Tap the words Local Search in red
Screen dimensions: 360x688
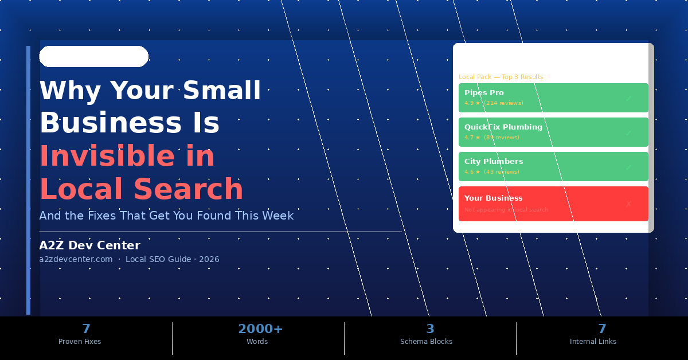141,189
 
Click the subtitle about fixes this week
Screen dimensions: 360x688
166,216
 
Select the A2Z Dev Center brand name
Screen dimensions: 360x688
89,245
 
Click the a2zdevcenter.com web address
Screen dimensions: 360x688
76,259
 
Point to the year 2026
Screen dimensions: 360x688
209,259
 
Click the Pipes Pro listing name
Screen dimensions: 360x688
484,93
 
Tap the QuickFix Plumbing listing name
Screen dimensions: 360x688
503,127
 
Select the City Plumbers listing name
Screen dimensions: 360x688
493,162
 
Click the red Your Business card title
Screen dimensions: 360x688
493,198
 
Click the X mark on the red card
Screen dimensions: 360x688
628,204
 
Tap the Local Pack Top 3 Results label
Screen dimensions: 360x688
501,77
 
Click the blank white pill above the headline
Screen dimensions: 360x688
93,57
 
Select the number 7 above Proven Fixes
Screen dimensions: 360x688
86,329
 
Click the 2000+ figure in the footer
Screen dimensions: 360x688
260,329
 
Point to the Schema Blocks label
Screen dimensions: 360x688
426,342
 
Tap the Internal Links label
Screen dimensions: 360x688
593,342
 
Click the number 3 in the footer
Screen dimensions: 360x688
430,329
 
